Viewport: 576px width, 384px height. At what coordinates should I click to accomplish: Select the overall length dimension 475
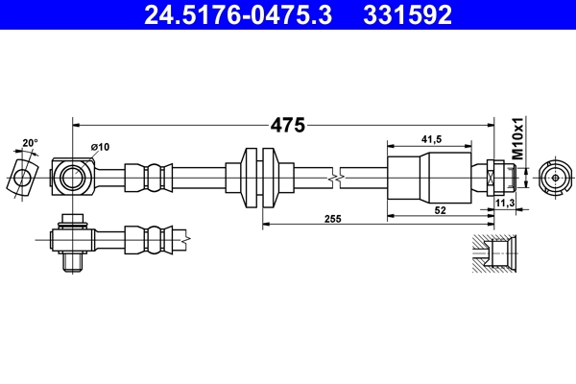tap(286, 125)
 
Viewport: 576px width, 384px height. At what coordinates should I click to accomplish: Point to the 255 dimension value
tap(333, 220)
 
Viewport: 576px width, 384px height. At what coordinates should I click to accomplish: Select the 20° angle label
tap(30, 143)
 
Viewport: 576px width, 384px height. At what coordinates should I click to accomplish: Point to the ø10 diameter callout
tap(100, 147)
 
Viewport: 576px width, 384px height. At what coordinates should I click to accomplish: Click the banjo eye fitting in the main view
tap(73, 177)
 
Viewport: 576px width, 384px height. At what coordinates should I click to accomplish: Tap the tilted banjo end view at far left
tap(21, 177)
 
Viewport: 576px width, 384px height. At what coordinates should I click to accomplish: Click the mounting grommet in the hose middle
tap(261, 178)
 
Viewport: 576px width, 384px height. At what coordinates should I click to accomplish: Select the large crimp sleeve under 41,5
tap(430, 178)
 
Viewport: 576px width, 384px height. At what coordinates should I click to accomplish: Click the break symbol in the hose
tap(333, 178)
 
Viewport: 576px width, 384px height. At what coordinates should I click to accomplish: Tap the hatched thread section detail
tap(497, 253)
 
